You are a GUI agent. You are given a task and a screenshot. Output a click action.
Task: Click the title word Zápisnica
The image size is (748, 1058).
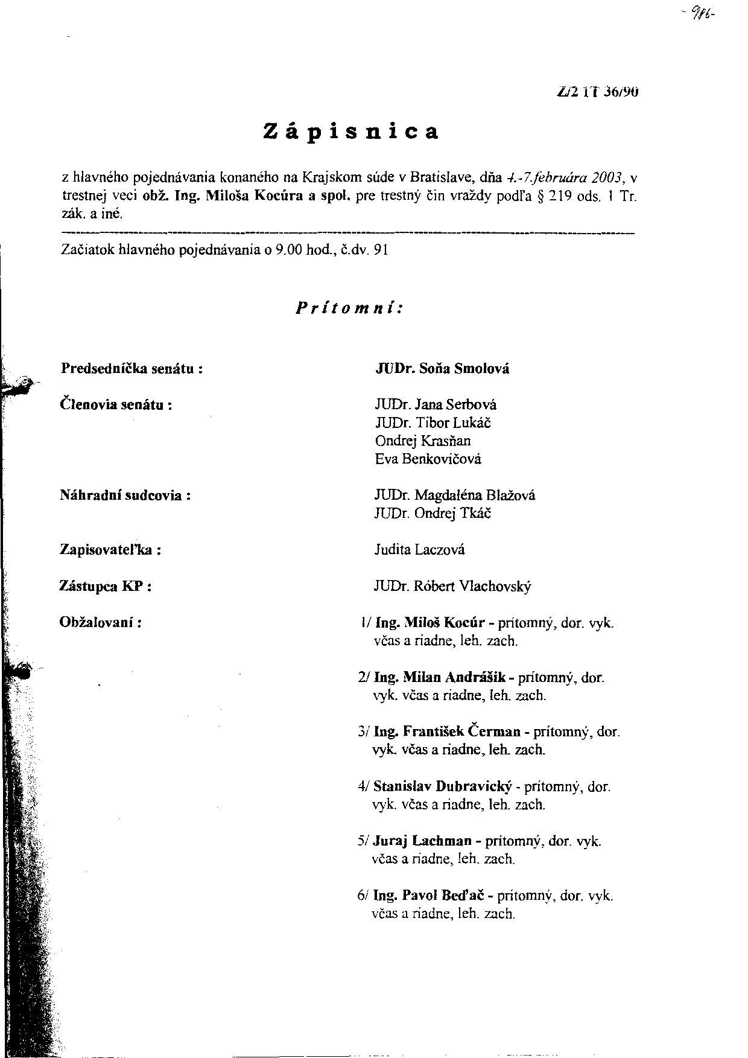[x=351, y=132]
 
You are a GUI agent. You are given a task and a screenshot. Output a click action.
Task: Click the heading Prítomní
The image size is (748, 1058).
[x=349, y=308]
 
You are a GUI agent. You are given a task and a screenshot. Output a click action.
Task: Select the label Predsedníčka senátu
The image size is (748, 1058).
[x=132, y=368]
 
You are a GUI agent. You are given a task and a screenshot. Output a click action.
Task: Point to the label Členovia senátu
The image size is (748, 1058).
[x=116, y=404]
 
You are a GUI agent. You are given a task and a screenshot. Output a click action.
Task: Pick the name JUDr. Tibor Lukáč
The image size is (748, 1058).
[x=433, y=422]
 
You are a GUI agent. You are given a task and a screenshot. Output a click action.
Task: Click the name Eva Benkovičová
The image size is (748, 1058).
[x=428, y=459]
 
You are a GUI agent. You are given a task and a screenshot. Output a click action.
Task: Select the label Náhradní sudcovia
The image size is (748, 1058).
[x=125, y=496]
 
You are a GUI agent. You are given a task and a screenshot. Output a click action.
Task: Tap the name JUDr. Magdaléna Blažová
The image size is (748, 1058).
[x=454, y=496]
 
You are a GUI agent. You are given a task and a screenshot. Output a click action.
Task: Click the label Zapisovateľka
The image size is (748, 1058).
[x=110, y=550]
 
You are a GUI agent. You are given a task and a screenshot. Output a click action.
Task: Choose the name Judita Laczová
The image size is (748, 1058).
[x=419, y=550]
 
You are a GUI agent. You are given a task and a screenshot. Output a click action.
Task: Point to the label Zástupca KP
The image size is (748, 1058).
[x=106, y=586]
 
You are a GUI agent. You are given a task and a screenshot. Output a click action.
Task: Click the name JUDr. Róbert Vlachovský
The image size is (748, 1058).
[x=452, y=586]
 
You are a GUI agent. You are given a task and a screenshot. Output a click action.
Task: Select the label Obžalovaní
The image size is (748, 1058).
[x=101, y=622]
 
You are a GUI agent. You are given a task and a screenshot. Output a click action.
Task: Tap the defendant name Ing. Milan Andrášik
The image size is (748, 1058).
[x=440, y=677]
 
